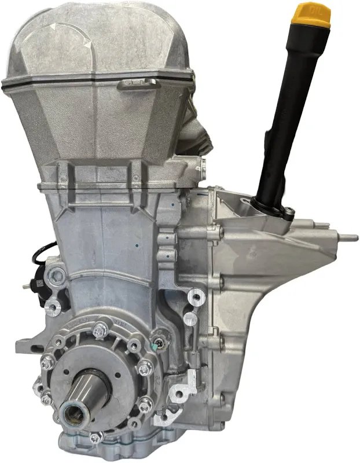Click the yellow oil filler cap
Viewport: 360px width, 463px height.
[x=311, y=16]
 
